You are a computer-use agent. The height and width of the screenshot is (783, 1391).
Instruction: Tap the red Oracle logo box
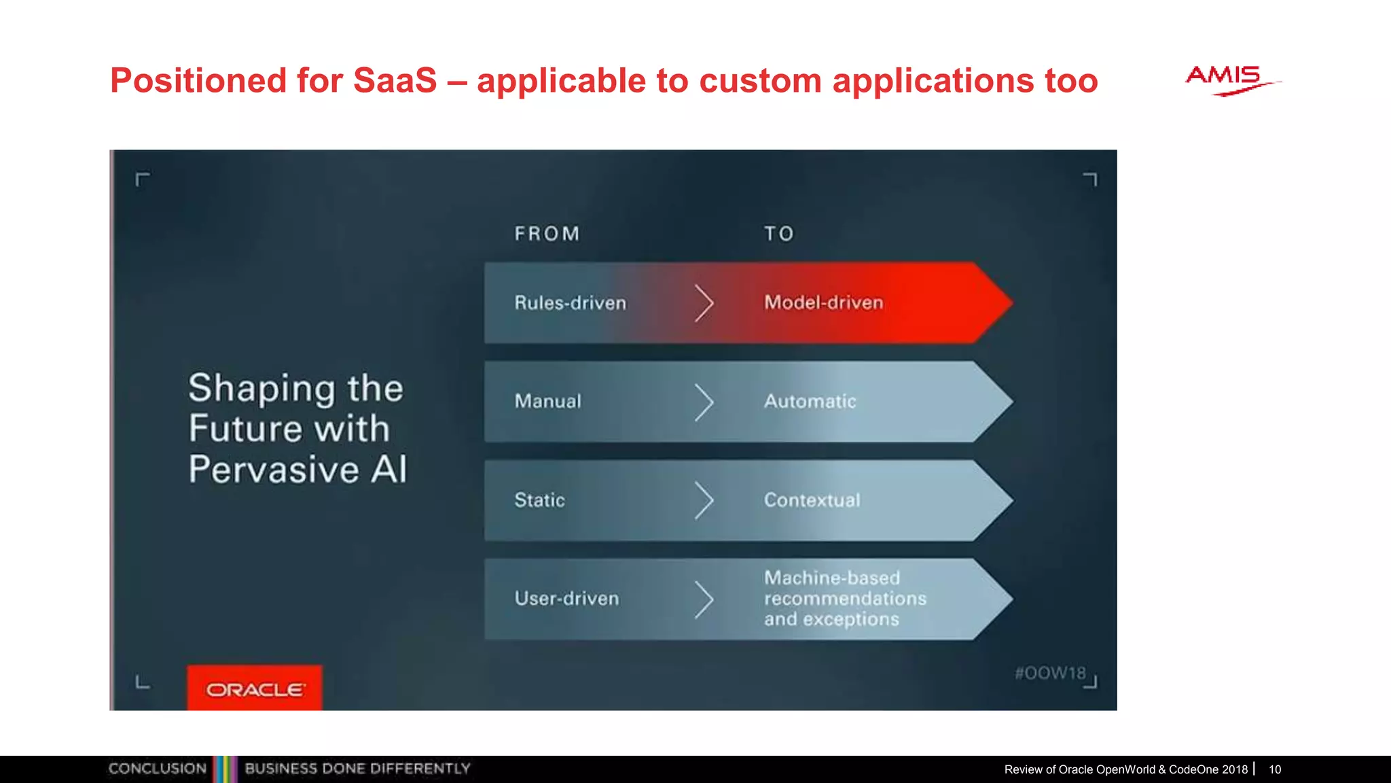point(255,688)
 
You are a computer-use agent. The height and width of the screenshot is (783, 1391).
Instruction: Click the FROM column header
point(547,234)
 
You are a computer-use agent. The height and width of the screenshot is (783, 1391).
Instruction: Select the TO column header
point(778,234)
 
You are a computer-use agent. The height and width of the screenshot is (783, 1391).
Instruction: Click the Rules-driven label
point(570,303)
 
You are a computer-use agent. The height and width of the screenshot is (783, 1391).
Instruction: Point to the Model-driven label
point(823,302)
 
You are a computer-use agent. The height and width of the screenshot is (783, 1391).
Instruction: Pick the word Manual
point(547,401)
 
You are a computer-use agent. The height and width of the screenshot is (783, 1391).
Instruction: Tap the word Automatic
point(810,401)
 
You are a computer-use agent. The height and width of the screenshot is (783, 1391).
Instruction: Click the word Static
point(539,500)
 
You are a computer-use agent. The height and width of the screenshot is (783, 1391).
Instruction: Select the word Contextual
point(812,500)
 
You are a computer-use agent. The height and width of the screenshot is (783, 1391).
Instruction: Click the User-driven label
point(566,599)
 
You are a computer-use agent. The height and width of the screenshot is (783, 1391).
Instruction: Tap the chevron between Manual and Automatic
point(704,402)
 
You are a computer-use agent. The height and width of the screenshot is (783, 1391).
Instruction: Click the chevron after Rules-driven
point(704,303)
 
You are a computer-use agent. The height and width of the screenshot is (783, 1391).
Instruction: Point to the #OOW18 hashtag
point(1050,673)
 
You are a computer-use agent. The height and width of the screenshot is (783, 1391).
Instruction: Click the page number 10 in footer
point(1275,769)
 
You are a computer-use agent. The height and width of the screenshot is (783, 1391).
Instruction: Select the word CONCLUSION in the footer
point(157,769)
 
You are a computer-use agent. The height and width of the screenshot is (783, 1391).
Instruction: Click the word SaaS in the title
point(395,81)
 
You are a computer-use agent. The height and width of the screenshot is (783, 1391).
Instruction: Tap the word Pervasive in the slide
point(274,470)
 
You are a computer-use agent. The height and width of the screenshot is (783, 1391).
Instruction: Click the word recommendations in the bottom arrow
point(845,599)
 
